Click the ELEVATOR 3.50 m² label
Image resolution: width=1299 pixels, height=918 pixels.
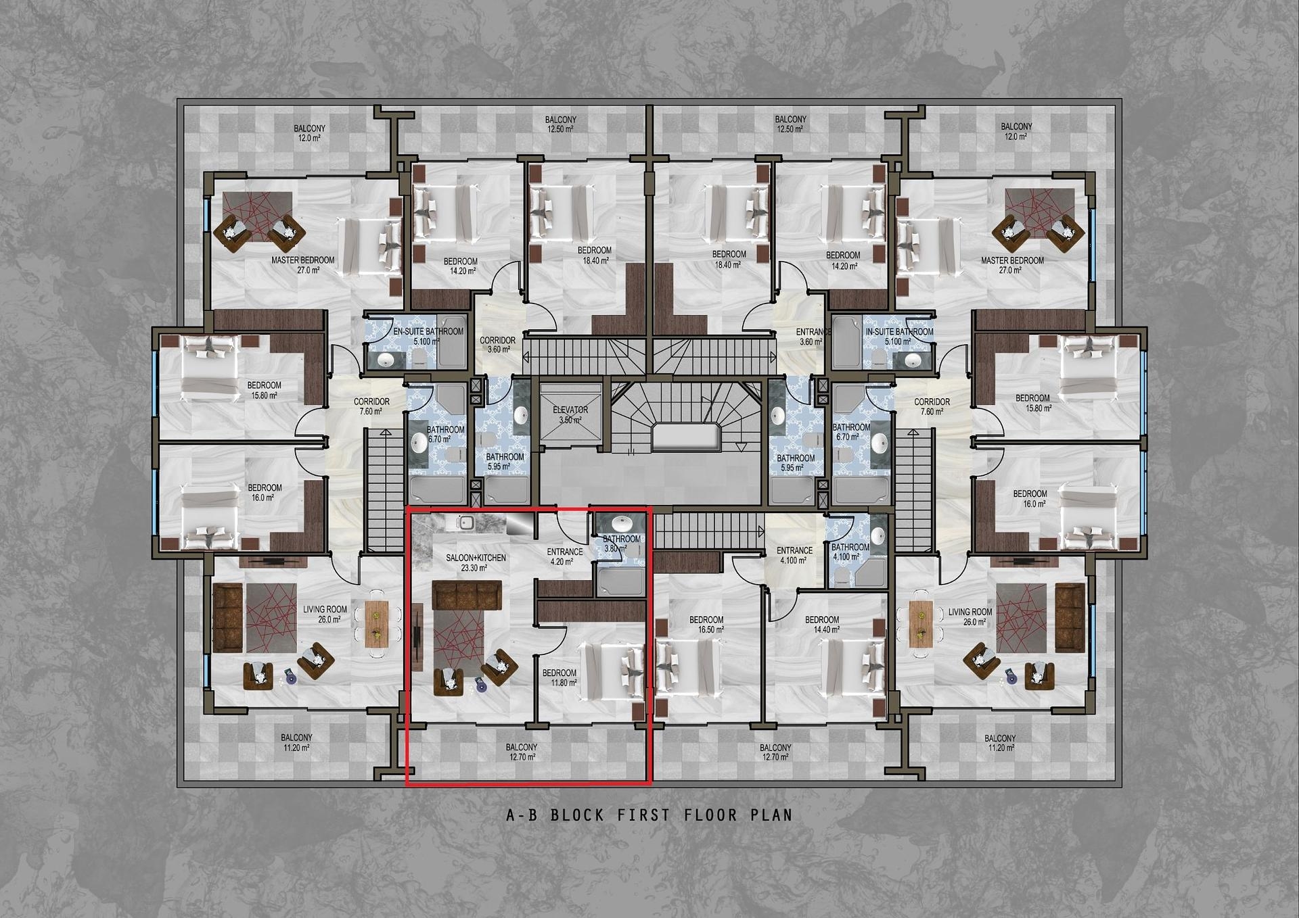[570, 415]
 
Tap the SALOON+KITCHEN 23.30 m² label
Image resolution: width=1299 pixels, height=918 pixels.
[476, 562]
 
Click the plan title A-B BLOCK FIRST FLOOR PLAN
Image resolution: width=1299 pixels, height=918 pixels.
[649, 815]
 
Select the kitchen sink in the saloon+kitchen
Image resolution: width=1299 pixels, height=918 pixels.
[465, 523]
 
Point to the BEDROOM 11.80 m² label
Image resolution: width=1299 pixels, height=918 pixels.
[560, 677]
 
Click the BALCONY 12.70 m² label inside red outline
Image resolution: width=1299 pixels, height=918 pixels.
[522, 752]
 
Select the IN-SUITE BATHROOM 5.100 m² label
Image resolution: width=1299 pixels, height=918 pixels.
[899, 336]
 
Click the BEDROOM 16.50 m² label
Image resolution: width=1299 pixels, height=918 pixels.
[706, 624]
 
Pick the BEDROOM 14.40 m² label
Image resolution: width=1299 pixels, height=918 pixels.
[822, 624]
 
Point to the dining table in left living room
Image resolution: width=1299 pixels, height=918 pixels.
[377, 624]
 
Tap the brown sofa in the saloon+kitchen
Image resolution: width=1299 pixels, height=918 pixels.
[467, 595]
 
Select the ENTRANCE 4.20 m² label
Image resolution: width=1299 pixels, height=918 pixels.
[564, 556]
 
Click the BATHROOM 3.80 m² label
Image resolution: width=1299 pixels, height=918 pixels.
[621, 543]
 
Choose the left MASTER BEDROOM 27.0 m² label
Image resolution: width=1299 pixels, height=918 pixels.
[303, 264]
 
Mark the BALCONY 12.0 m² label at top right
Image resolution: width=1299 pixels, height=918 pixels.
[1016, 131]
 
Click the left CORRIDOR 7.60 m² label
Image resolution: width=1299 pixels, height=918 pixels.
[371, 406]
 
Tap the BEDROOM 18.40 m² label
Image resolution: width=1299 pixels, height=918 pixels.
[595, 255]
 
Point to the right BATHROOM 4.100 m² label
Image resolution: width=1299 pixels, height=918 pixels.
[850, 552]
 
